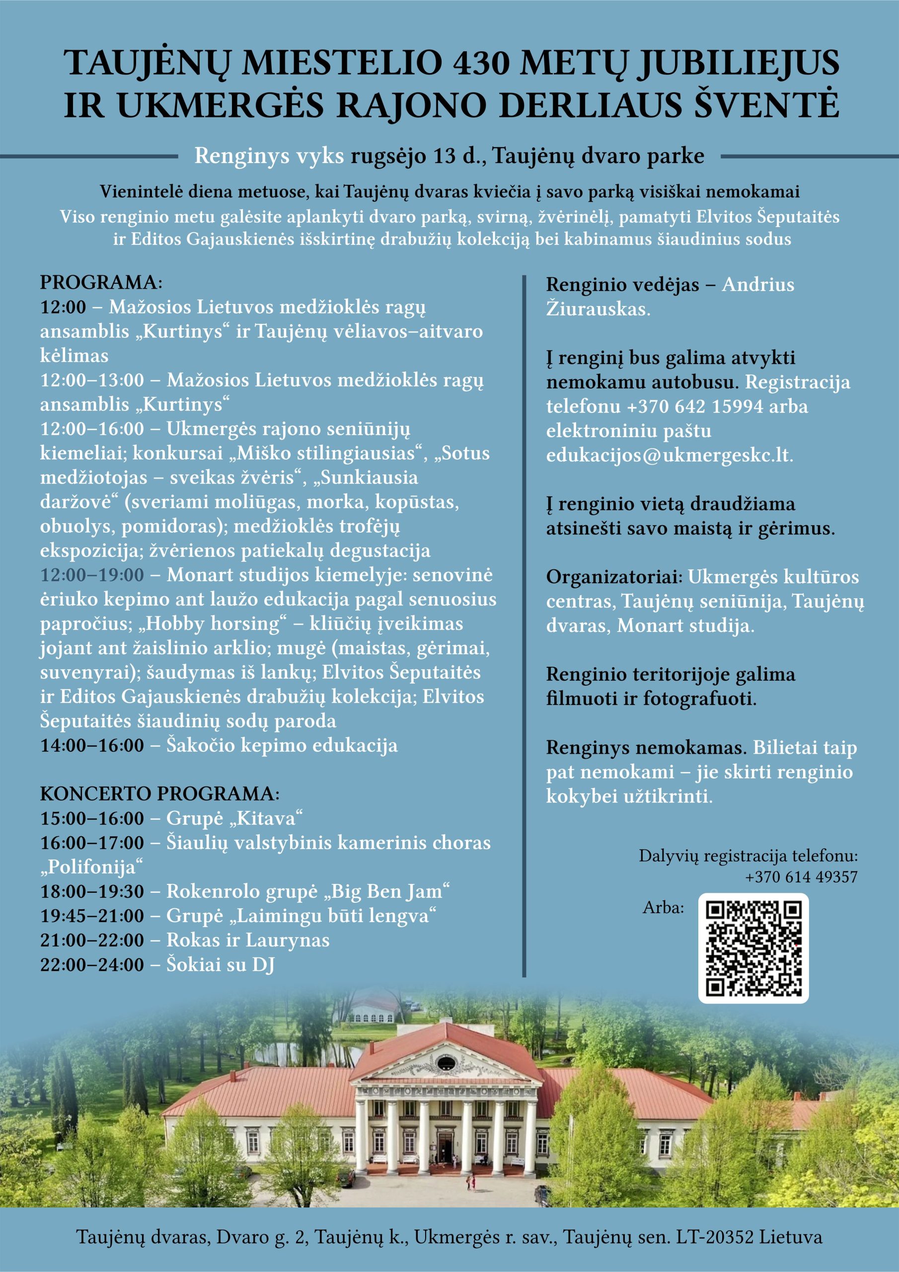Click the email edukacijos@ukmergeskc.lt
click(669, 456)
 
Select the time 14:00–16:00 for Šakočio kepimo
click(92, 746)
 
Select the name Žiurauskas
click(598, 309)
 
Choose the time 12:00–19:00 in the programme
click(92, 575)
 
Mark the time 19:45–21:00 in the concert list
click(92, 916)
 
